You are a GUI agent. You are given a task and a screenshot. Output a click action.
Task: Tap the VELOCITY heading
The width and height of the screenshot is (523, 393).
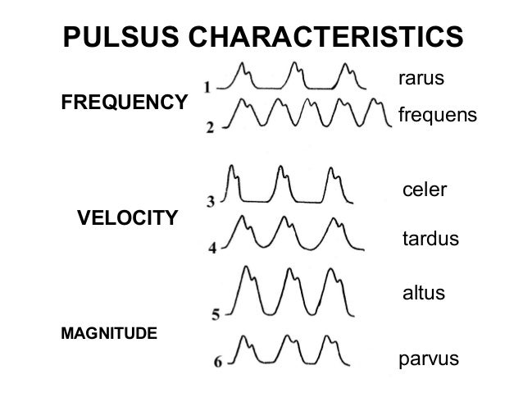pyautogui.click(x=127, y=217)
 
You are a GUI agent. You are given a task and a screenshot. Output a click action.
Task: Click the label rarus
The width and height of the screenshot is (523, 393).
pyautogui.click(x=421, y=79)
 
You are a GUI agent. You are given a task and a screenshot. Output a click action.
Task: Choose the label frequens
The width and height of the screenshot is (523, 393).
pyautogui.click(x=437, y=117)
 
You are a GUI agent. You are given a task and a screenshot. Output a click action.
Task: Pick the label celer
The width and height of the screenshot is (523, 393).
pyautogui.click(x=425, y=190)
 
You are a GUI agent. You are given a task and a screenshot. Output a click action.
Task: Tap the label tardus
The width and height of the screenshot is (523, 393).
pyautogui.click(x=430, y=240)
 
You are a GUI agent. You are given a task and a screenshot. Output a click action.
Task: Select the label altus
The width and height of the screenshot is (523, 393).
pyautogui.click(x=423, y=292)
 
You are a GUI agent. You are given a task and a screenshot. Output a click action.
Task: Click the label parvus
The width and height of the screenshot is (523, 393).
pyautogui.click(x=428, y=359)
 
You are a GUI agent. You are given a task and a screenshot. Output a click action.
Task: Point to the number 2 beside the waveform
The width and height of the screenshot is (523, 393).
pyautogui.click(x=210, y=128)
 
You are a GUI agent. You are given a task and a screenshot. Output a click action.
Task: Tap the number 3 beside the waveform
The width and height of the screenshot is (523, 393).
pyautogui.click(x=211, y=200)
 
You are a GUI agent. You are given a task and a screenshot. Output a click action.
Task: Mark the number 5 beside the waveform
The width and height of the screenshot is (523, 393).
pyautogui.click(x=216, y=313)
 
